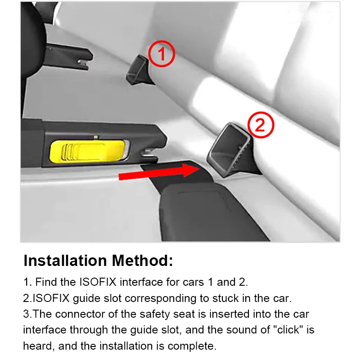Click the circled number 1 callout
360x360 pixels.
[161, 54]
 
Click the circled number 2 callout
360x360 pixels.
[261, 126]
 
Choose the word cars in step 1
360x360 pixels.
[187, 282]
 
